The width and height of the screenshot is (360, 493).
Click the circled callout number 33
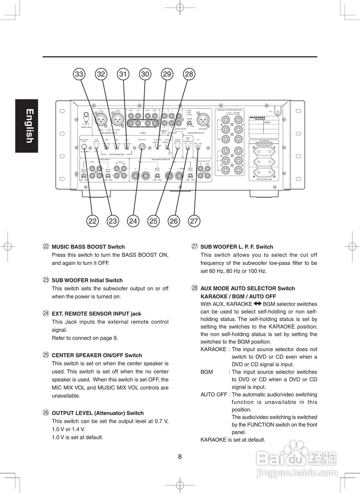(x=79, y=74)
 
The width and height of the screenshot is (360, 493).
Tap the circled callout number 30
(x=145, y=74)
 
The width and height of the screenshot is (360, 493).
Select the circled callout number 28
(x=189, y=74)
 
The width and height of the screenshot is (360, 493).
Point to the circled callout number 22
(x=92, y=221)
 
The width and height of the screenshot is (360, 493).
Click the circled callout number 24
(x=133, y=221)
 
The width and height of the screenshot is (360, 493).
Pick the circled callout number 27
(x=194, y=221)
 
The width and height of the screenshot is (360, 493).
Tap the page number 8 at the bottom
(x=180, y=457)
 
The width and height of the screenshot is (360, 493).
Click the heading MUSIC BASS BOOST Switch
(x=88, y=247)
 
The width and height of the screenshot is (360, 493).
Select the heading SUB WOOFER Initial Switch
(x=87, y=280)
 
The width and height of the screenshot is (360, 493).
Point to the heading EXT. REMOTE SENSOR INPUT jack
(x=97, y=314)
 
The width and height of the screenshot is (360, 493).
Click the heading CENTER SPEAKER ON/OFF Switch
(x=97, y=355)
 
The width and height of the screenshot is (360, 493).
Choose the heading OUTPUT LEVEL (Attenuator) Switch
(x=97, y=413)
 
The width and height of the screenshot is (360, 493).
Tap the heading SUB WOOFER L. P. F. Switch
(x=237, y=247)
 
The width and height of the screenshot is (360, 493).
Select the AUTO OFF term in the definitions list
(x=213, y=394)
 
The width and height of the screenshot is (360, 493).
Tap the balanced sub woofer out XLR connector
(x=203, y=119)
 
